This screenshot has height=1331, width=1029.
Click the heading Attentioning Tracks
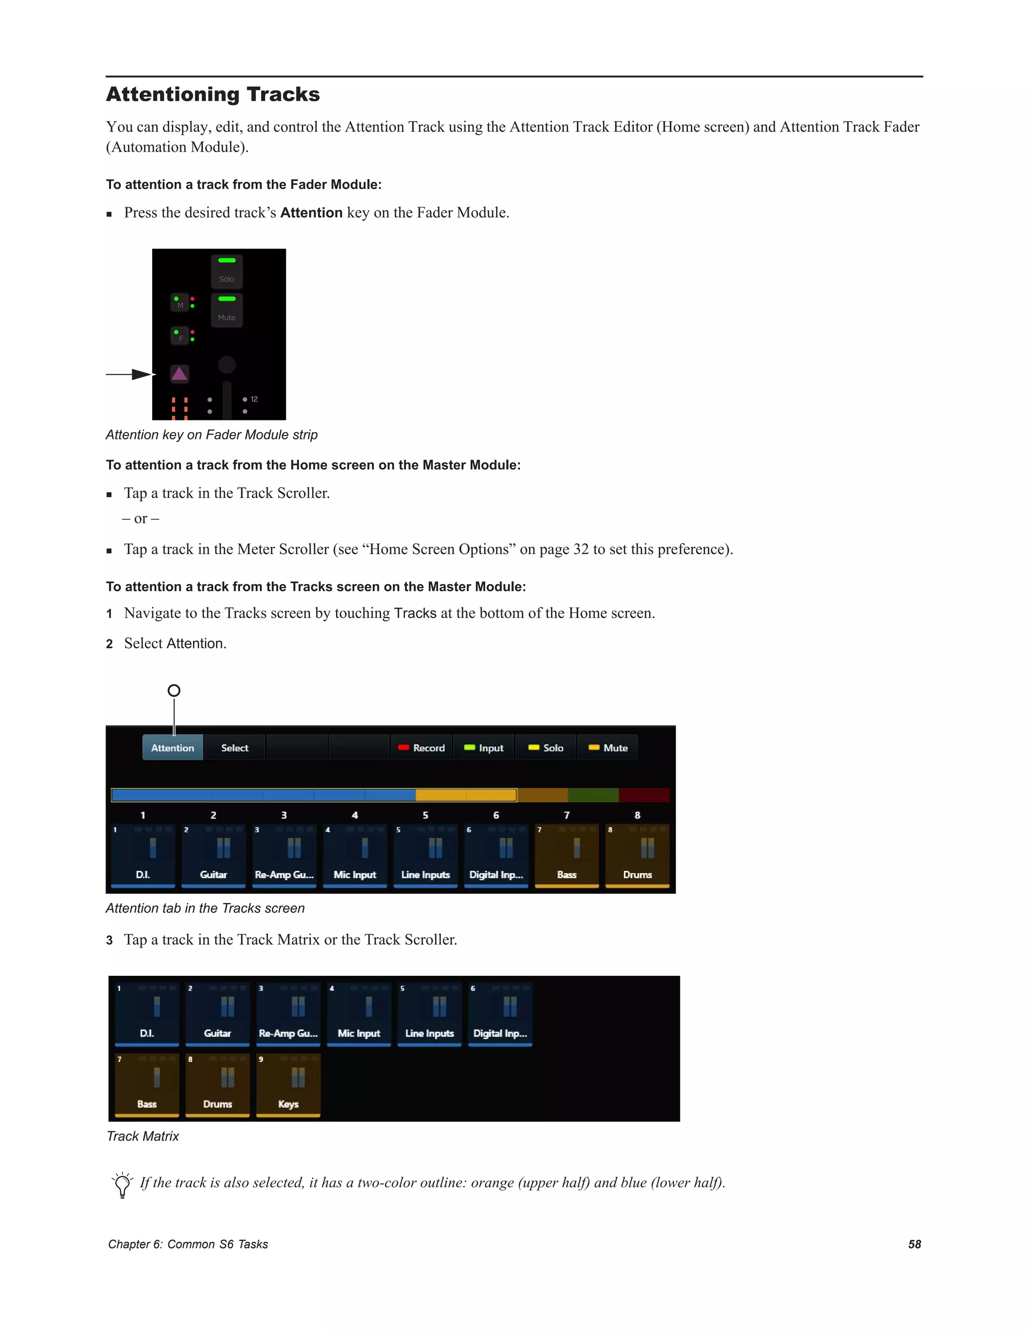[x=213, y=94]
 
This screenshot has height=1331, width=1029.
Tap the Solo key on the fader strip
[x=227, y=272]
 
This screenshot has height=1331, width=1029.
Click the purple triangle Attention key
[x=179, y=374]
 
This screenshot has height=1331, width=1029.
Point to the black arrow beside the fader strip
[x=131, y=374]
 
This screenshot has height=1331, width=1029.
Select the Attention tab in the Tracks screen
[x=172, y=748]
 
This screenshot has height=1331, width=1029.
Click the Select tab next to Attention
[x=235, y=748]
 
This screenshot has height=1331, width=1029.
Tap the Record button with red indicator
[x=422, y=748]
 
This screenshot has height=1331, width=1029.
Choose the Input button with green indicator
[x=484, y=748]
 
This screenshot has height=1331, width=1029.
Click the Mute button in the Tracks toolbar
[x=608, y=748]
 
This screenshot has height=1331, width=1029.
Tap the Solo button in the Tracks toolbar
[x=546, y=748]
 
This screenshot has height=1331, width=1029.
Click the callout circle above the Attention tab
[x=174, y=691]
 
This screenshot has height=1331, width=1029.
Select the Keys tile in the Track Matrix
[x=288, y=1085]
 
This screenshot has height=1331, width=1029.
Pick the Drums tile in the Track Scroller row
[x=637, y=856]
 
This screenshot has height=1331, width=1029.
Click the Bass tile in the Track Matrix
[x=147, y=1085]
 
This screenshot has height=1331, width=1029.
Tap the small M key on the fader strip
[x=180, y=303]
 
